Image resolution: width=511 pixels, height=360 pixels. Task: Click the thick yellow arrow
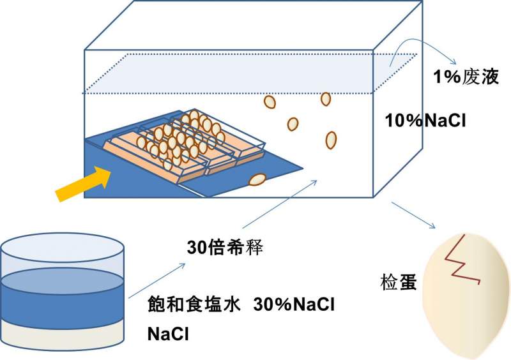[x=81, y=182]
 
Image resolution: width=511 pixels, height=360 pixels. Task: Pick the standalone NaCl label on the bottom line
[x=169, y=334]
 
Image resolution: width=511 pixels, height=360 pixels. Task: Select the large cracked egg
[x=465, y=294]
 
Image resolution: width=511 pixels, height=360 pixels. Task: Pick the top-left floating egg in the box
[x=270, y=101]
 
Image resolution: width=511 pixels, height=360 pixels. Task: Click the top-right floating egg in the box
[x=326, y=98]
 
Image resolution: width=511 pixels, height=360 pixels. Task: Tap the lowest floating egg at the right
[x=331, y=139]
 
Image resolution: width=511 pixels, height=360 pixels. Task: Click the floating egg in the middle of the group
[x=293, y=124]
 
